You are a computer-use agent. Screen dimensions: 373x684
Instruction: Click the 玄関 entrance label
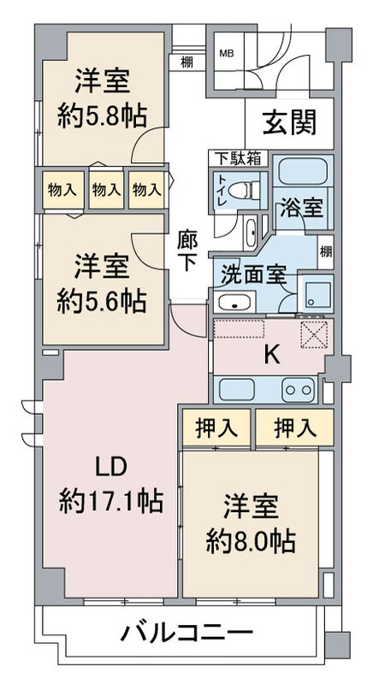[x=289, y=123]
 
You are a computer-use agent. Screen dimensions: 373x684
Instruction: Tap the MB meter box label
[x=226, y=54]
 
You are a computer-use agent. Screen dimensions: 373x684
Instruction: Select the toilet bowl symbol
[x=244, y=190]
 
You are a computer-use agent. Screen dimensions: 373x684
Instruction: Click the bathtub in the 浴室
[x=303, y=171]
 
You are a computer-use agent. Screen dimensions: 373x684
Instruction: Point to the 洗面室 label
[x=253, y=275]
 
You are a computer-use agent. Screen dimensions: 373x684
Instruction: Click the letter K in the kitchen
[x=273, y=356]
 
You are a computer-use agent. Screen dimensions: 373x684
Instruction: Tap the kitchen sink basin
[x=236, y=389]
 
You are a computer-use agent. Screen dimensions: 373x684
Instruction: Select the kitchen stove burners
[x=298, y=389]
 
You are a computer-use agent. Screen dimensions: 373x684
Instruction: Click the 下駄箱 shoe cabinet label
[x=238, y=158]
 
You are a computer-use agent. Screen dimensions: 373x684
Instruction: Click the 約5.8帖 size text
[x=102, y=116]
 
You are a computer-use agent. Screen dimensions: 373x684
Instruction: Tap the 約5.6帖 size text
[x=101, y=301]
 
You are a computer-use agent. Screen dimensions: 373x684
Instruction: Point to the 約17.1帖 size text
[x=111, y=501]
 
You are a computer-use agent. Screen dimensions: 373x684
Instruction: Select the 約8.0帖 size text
[x=251, y=540]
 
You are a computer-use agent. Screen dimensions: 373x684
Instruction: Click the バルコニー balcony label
[x=186, y=632]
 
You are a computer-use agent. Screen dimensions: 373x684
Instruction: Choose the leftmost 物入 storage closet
[x=63, y=190]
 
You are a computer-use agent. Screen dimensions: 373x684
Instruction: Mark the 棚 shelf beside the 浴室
[x=326, y=251]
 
